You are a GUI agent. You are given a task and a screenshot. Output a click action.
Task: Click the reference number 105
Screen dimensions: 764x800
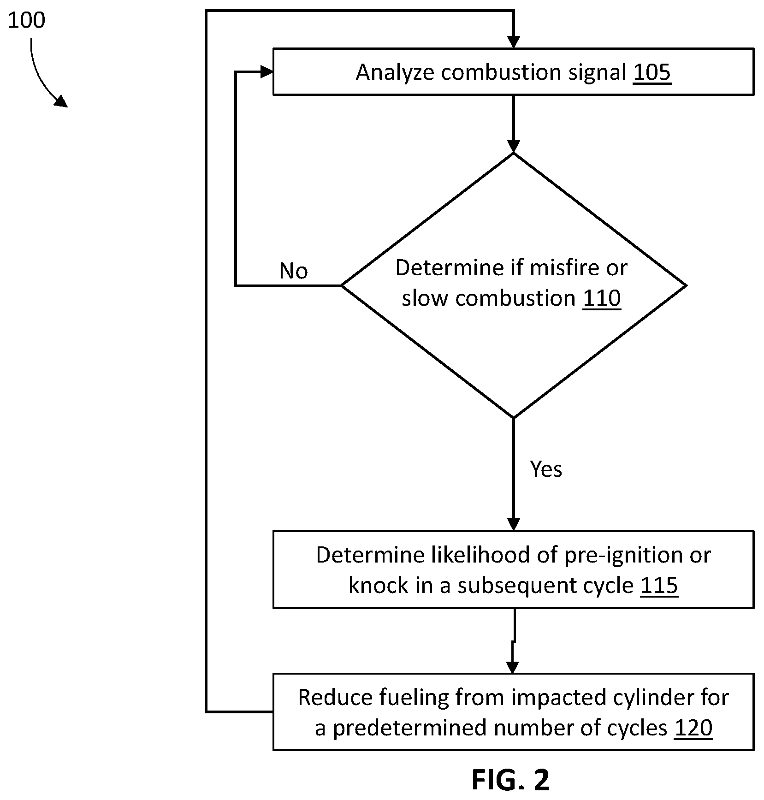click(x=652, y=72)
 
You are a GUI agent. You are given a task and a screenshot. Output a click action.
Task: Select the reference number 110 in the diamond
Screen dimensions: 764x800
click(x=602, y=298)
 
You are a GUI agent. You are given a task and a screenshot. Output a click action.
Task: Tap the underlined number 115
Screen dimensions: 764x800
click(x=659, y=585)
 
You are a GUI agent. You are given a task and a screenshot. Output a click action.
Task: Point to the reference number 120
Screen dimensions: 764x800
click(x=693, y=728)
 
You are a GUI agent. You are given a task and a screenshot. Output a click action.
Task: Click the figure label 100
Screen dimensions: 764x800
click(x=27, y=21)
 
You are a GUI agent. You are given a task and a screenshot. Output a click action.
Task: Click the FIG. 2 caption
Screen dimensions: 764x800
click(x=511, y=780)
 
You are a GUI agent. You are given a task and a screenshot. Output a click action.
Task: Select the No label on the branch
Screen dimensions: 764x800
click(x=294, y=271)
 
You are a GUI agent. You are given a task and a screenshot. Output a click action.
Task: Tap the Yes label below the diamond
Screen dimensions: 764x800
click(x=546, y=469)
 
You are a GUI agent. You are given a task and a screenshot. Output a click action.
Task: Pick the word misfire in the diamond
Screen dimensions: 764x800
click(x=563, y=267)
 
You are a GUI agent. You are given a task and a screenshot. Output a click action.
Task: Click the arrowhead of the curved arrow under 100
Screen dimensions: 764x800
click(x=62, y=101)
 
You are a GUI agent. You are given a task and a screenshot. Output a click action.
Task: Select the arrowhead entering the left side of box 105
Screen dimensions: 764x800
click(x=267, y=71)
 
